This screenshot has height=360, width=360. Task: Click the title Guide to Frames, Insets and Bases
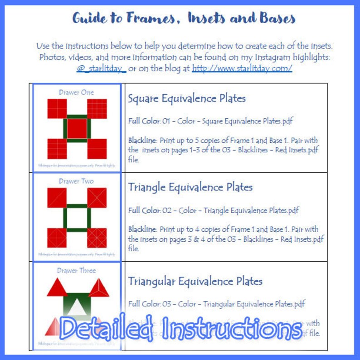184,18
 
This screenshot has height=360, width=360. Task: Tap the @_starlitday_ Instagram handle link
101,68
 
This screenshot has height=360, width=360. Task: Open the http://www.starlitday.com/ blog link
242,68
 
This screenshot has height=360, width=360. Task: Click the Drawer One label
76,92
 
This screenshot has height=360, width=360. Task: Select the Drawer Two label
76,181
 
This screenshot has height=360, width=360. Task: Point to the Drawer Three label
76,270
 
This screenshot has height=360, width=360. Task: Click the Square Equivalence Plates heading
187,98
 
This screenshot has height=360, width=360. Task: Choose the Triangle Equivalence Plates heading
190,187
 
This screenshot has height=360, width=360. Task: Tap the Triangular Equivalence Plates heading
195,281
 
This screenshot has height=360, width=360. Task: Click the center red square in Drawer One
77,128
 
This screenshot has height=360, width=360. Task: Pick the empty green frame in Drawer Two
77,217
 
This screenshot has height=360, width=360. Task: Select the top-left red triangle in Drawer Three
57,287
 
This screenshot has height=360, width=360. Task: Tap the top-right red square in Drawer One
97,108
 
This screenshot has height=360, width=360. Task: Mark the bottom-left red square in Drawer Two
57,237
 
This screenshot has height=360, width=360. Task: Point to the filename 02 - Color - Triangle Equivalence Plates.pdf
231,210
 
